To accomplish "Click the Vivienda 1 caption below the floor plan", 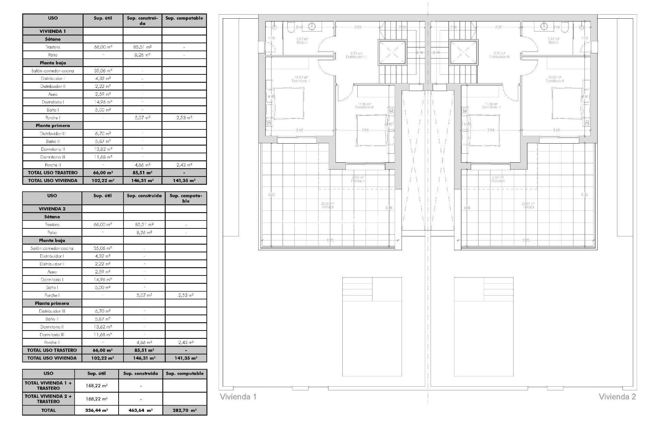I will (x=238, y=397).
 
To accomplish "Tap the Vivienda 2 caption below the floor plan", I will (x=617, y=397).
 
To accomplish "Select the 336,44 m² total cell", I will (x=96, y=410).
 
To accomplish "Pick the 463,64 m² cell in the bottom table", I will (x=141, y=410).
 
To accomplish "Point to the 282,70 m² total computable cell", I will (x=185, y=410).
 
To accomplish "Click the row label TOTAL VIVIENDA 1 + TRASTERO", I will (x=48, y=386).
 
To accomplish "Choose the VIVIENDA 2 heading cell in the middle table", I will (x=52, y=209).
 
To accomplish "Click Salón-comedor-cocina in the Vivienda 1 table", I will (x=53, y=71).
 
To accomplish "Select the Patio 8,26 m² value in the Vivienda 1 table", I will (x=142, y=55).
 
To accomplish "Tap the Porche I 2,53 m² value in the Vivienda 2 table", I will (x=186, y=295).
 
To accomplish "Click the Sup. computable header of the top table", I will (x=184, y=18).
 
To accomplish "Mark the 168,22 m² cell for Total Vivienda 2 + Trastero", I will (x=96, y=399).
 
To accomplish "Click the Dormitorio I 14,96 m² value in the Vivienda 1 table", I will (x=103, y=102).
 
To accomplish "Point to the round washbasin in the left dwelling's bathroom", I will (x=313, y=26).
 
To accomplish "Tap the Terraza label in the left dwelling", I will (x=327, y=207).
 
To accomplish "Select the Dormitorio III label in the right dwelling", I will (x=491, y=107).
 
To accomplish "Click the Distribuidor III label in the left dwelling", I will (x=356, y=57).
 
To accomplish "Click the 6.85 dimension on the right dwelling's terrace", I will (x=526, y=240).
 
